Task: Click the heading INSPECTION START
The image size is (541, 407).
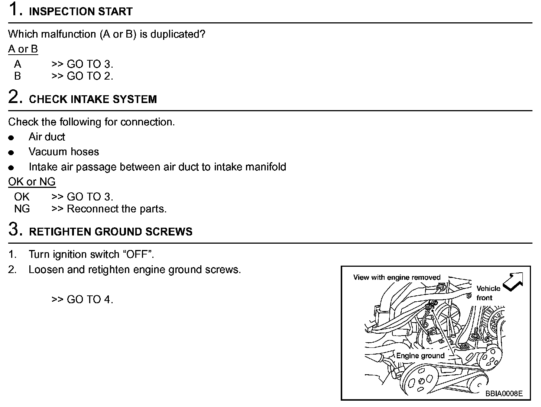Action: point(81,12)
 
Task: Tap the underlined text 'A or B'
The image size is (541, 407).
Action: point(23,49)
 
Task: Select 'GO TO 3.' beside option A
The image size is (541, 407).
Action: point(90,64)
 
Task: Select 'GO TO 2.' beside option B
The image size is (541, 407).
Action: point(90,76)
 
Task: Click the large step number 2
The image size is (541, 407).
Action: point(14,97)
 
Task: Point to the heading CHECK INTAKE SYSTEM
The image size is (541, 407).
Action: point(93,99)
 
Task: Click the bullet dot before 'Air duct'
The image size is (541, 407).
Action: point(11,138)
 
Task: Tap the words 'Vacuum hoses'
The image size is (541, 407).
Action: point(64,152)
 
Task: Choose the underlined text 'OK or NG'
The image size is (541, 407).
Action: point(32,182)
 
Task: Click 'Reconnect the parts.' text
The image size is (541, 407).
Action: point(117,209)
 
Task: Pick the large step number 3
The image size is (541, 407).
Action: point(14,230)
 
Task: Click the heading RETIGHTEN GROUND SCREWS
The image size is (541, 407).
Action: point(111,232)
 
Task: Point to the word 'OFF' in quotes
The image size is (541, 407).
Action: point(138,254)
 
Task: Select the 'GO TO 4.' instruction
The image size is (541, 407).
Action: point(90,299)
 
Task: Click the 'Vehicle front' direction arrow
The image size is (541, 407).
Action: point(514,282)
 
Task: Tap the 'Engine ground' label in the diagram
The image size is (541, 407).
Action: point(420,356)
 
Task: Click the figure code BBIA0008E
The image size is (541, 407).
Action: point(504,394)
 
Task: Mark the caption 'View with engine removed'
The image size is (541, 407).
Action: point(396,278)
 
